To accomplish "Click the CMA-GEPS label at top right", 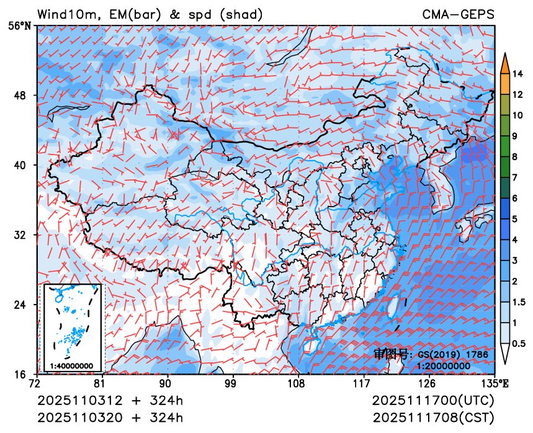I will [459, 14].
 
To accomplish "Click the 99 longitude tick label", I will [231, 383].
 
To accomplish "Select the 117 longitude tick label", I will [361, 383].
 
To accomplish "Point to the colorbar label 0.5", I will [519, 342].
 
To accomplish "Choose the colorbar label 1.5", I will [519, 302].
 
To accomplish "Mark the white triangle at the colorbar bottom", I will [505, 354].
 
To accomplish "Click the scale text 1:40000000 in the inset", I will [71, 365].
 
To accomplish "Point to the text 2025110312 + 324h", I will [110, 400].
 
